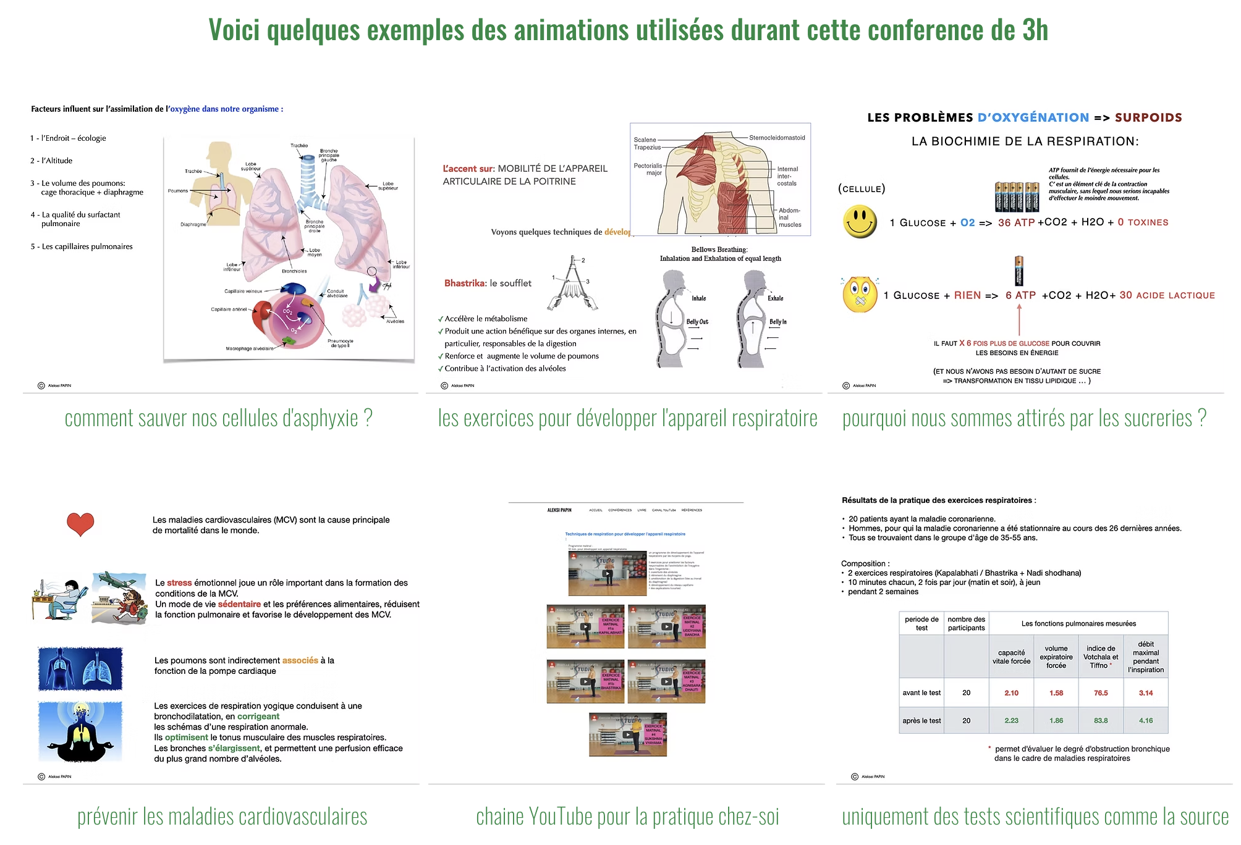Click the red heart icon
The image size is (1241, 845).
point(80,524)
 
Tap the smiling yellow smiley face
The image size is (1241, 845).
point(860,222)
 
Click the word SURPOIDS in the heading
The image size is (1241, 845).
point(1148,117)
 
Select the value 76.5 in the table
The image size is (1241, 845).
point(1101,693)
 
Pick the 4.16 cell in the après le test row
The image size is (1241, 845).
point(1146,720)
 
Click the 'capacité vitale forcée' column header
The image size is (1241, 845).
point(1011,657)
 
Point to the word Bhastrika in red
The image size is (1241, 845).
point(465,283)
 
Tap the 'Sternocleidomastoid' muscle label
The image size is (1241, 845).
point(777,138)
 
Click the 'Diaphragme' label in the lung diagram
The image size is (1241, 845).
point(193,224)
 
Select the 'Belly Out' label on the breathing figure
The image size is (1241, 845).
point(697,322)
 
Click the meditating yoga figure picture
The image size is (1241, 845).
point(80,732)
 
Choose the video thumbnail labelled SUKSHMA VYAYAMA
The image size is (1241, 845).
point(628,735)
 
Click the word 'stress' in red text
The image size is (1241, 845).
point(179,582)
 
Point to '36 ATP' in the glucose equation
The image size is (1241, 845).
point(1016,222)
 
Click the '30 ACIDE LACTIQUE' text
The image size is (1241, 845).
point(1167,295)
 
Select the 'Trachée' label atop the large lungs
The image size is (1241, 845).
point(299,146)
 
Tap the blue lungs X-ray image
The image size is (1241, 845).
point(80,669)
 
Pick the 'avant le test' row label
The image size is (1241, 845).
point(921,693)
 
